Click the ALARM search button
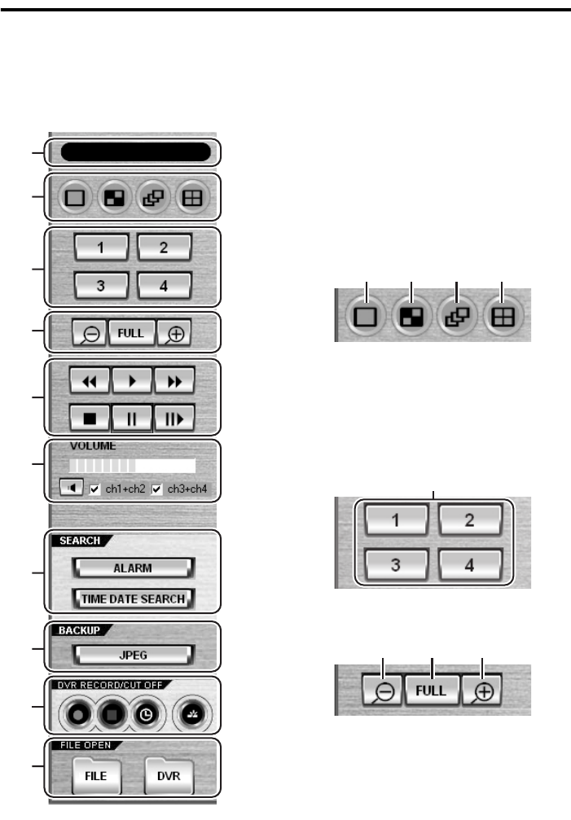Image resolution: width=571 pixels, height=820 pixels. point(132,568)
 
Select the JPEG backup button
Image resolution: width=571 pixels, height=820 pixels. point(132,654)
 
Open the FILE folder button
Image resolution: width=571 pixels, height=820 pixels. point(95,777)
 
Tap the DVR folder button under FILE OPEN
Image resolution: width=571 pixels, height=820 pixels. point(170,777)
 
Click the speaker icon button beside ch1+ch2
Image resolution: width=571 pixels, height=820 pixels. point(71,489)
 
